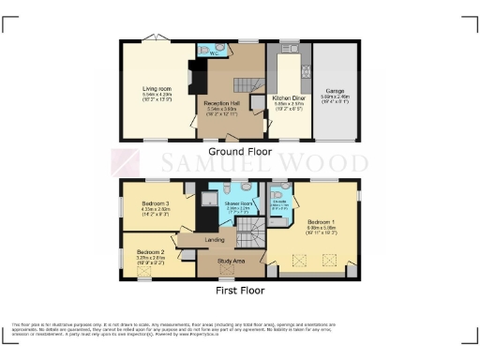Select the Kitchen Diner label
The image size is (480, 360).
285,97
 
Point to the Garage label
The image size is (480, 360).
336,91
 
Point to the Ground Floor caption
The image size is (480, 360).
239,151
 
